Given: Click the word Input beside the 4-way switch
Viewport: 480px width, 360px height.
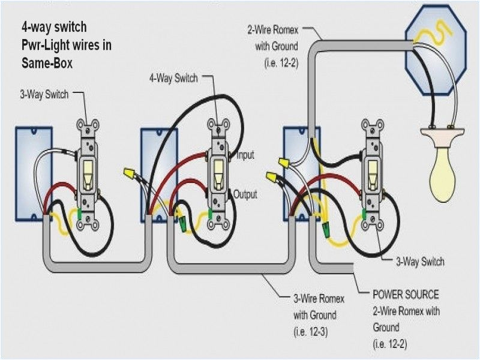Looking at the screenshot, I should pyautogui.click(x=245, y=155).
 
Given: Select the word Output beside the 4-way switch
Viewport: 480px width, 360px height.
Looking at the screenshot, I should pyautogui.click(x=245, y=194).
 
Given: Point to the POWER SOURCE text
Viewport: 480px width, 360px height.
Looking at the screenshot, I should pyautogui.click(x=406, y=295).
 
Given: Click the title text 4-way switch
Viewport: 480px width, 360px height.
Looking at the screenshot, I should pyautogui.click(x=53, y=27).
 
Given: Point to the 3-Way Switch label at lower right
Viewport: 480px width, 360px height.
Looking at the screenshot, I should pyautogui.click(x=420, y=262).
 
